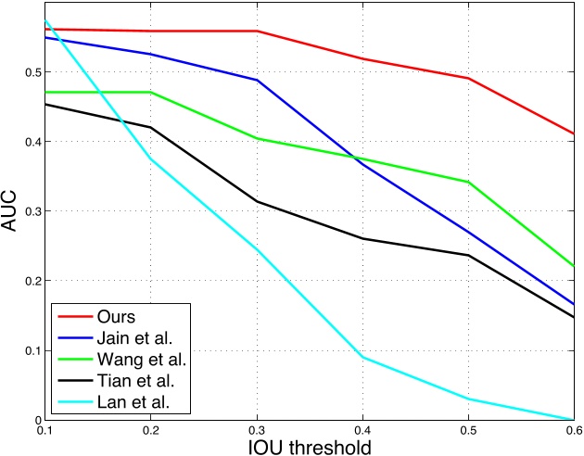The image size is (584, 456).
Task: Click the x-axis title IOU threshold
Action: tap(309, 446)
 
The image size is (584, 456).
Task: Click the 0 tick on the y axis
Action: tap(34, 420)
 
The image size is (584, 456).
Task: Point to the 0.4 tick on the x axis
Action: tap(362, 430)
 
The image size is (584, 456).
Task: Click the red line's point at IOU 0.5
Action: tap(468, 78)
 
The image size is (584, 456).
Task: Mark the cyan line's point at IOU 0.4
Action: tap(362, 357)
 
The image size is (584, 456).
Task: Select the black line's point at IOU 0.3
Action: tap(256, 201)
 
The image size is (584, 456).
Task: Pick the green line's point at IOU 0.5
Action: tap(468, 182)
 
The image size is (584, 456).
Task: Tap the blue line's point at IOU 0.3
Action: tap(256, 80)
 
